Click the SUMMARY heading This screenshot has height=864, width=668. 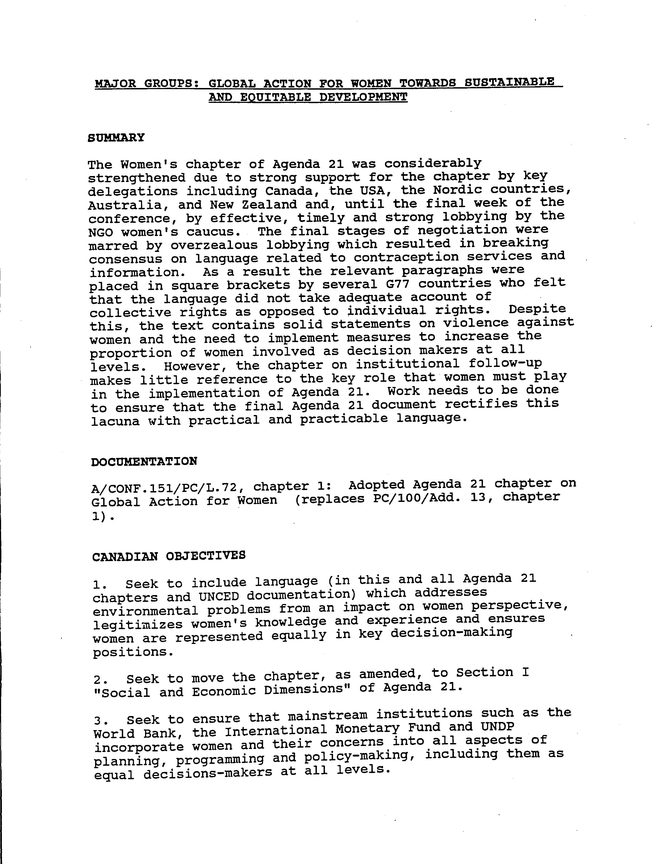pyautogui.click(x=116, y=138)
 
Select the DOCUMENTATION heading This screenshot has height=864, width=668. pyautogui.click(x=144, y=462)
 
